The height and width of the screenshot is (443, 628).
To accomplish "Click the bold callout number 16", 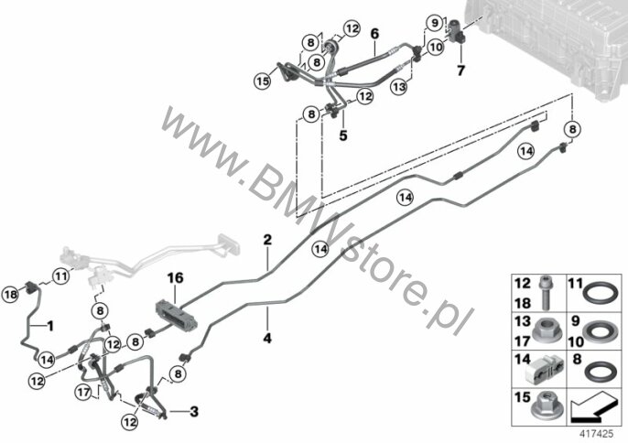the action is click(176, 277).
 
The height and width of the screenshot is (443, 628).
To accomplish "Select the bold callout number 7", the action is click(461, 70).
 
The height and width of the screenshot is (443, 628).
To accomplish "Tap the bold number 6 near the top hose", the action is click(374, 34).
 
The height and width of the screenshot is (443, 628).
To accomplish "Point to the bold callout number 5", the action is click(343, 135).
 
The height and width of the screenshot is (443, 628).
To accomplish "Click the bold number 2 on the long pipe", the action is click(267, 240).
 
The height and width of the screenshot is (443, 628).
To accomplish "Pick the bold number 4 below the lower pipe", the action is click(267, 338).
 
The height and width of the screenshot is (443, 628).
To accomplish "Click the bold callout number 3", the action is click(194, 411).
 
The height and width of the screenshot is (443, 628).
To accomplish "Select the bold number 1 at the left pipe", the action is click(50, 326).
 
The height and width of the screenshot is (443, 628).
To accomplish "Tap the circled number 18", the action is click(10, 296).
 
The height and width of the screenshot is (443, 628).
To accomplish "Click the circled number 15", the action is click(263, 81).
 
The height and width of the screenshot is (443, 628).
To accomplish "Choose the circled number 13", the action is click(399, 87).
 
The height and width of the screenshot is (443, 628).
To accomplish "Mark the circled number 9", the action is click(435, 23).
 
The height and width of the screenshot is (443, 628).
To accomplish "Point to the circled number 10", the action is click(436, 47).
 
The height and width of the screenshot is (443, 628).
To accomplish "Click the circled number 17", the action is click(83, 392).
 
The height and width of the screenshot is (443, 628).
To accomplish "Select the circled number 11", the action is click(60, 276).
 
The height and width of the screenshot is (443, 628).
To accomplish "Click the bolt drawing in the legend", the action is click(545, 293).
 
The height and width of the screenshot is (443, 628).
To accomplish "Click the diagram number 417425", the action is click(596, 434).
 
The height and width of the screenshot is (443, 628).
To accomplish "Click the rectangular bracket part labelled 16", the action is click(176, 315).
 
